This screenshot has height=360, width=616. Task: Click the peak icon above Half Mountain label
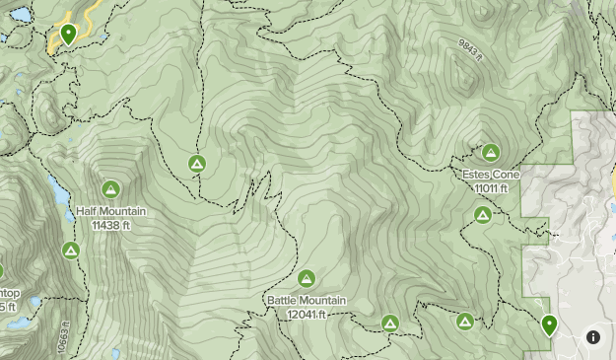(x=110, y=188)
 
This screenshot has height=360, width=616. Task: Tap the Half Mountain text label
(x=110, y=211)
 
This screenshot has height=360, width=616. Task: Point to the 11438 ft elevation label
(x=110, y=225)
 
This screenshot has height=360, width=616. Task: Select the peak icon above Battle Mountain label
(x=306, y=278)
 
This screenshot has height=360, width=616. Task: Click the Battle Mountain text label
(x=306, y=301)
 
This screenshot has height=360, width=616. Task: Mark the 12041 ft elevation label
(x=307, y=315)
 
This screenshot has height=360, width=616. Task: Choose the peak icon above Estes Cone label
(x=490, y=152)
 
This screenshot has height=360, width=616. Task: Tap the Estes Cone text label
(x=490, y=175)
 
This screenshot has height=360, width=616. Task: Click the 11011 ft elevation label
(x=491, y=188)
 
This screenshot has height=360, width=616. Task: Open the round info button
(x=593, y=336)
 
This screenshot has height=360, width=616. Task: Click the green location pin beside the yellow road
(x=68, y=35)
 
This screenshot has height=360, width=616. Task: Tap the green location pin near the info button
(x=548, y=324)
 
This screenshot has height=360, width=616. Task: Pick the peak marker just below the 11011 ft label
(x=482, y=215)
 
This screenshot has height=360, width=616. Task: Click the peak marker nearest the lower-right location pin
(x=465, y=321)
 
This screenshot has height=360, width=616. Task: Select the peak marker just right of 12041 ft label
(x=390, y=323)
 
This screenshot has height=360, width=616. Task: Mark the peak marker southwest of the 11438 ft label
(x=70, y=251)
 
